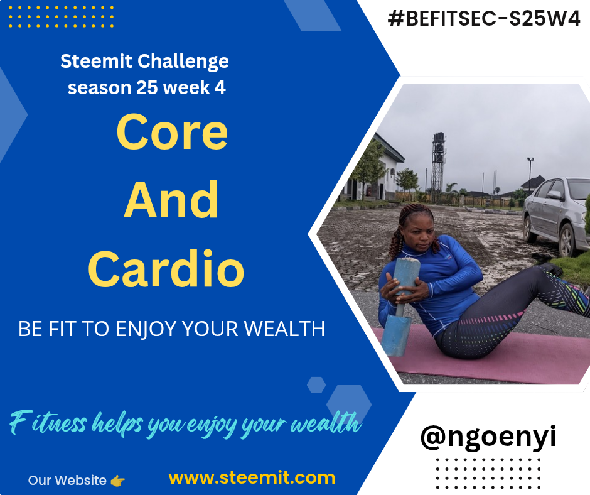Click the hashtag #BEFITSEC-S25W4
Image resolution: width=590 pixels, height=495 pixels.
coord(484,18)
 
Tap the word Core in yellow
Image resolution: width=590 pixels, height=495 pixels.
coord(172,132)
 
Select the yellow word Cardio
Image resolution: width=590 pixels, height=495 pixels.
coord(166,268)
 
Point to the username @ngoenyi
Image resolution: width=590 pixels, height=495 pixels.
coord(488,437)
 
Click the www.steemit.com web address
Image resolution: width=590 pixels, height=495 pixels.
coord(252,477)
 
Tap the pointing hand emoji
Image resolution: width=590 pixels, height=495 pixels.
coord(118,481)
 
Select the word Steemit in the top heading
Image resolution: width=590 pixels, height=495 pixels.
coord(96,61)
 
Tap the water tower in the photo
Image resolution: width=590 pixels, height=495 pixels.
coord(438,163)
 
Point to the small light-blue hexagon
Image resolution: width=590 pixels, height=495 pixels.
coord(316,384)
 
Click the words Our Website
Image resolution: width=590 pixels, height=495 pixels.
coord(67,481)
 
